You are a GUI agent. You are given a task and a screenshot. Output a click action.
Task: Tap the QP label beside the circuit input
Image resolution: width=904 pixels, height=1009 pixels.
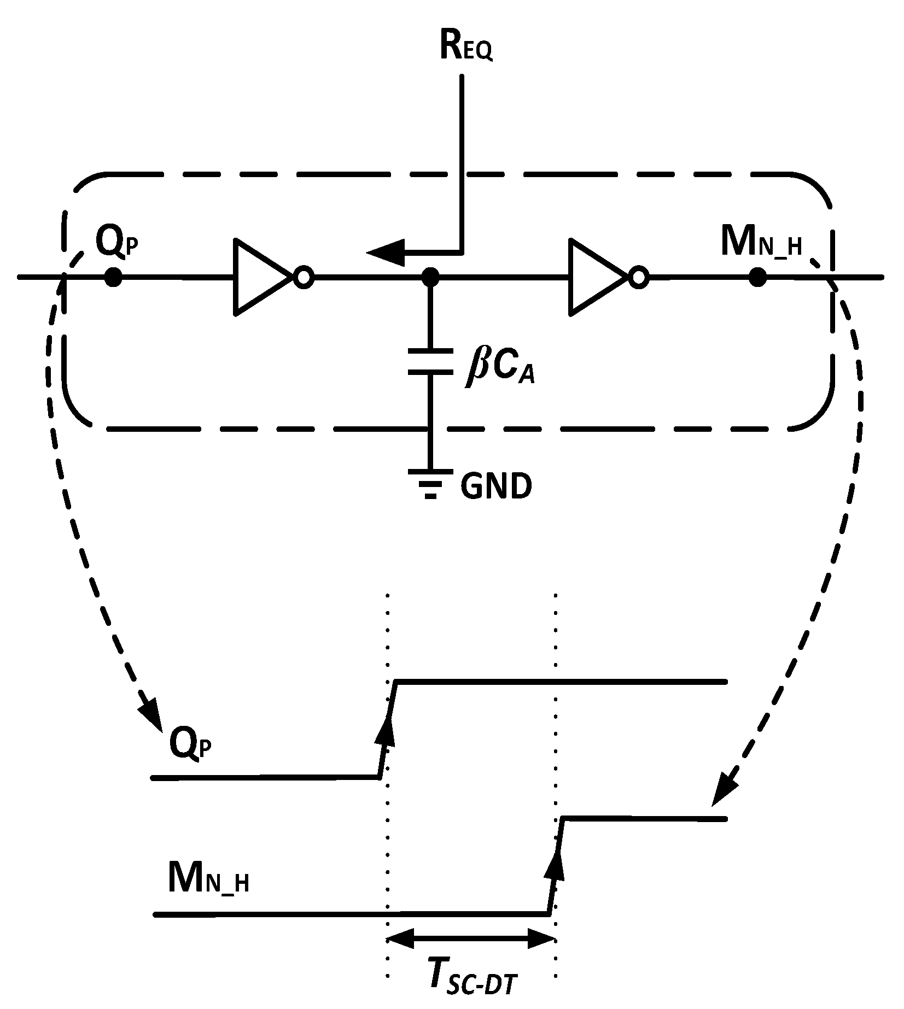pos(117,243)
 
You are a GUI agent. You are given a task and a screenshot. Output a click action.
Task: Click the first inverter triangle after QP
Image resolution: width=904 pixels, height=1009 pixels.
pos(260,277)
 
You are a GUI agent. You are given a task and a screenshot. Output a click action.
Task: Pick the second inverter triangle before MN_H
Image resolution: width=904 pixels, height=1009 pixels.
pos(594,277)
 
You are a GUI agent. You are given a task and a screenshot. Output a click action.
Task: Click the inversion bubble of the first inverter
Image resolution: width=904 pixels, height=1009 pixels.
pos(304,278)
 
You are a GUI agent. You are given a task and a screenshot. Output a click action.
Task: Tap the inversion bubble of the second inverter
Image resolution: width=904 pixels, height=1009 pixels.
pos(638,278)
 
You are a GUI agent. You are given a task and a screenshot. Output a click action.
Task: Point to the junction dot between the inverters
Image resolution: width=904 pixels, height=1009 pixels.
pos(431,277)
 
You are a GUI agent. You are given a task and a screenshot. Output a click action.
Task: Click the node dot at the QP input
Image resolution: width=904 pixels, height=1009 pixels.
pos(113,277)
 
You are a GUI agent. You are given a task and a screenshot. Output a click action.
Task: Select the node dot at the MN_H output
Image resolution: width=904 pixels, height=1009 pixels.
pos(757,277)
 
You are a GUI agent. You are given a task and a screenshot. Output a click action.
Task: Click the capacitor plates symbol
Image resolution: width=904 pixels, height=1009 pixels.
pos(430,361)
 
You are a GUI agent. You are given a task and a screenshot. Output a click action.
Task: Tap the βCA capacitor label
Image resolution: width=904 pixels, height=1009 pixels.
pos(499,369)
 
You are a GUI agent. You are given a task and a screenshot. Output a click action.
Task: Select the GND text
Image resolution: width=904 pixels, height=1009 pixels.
pos(495,486)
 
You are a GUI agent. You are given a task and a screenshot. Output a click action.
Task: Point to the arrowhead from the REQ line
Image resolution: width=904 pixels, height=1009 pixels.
pos(386,252)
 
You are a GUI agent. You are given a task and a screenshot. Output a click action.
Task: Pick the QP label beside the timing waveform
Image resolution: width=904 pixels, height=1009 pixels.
pos(189,743)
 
